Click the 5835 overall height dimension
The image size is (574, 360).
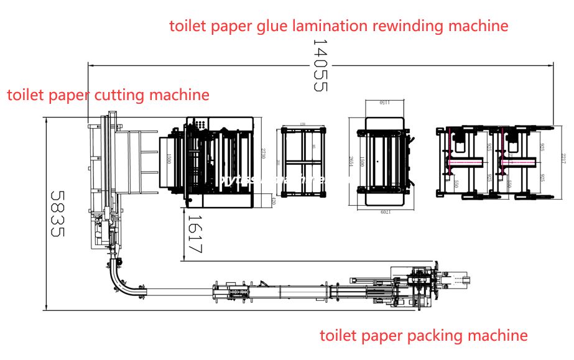(58, 213)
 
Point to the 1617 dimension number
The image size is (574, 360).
(195, 233)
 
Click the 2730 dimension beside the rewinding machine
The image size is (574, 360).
(264, 153)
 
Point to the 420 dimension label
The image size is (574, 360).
(273, 201)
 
